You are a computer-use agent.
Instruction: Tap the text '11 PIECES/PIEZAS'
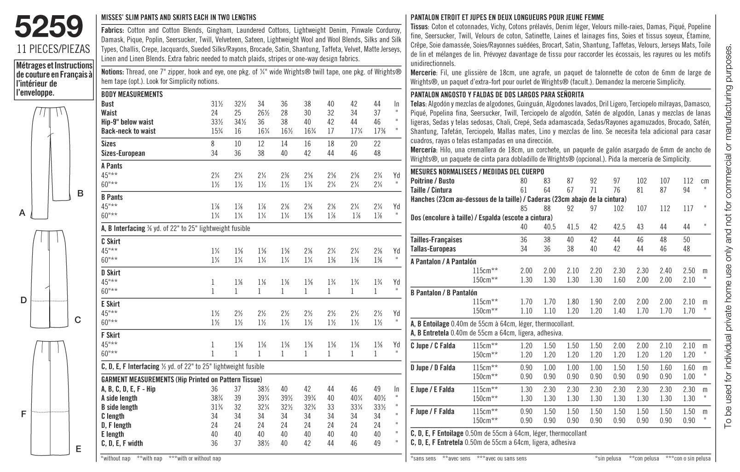coord(53,50)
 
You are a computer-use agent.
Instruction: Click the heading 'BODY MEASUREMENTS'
coord(132,94)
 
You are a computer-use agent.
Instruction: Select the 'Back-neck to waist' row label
coord(128,131)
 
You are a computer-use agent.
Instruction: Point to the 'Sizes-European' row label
coord(123,153)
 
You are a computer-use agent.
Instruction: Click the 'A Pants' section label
coord(112,166)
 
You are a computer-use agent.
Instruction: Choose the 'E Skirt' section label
coord(110,304)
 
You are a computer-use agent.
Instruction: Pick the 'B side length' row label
coord(119,407)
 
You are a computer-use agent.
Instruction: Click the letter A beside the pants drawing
coord(22,213)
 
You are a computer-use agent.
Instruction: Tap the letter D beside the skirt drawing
coord(23,300)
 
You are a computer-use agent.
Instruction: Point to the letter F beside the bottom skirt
coord(23,414)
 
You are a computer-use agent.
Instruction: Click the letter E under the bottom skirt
coord(78,449)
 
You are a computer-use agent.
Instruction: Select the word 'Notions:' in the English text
coord(112,72)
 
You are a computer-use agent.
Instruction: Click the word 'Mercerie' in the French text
coord(422,73)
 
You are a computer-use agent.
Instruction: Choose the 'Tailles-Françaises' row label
coord(436,240)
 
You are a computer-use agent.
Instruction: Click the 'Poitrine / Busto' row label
coord(432,181)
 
